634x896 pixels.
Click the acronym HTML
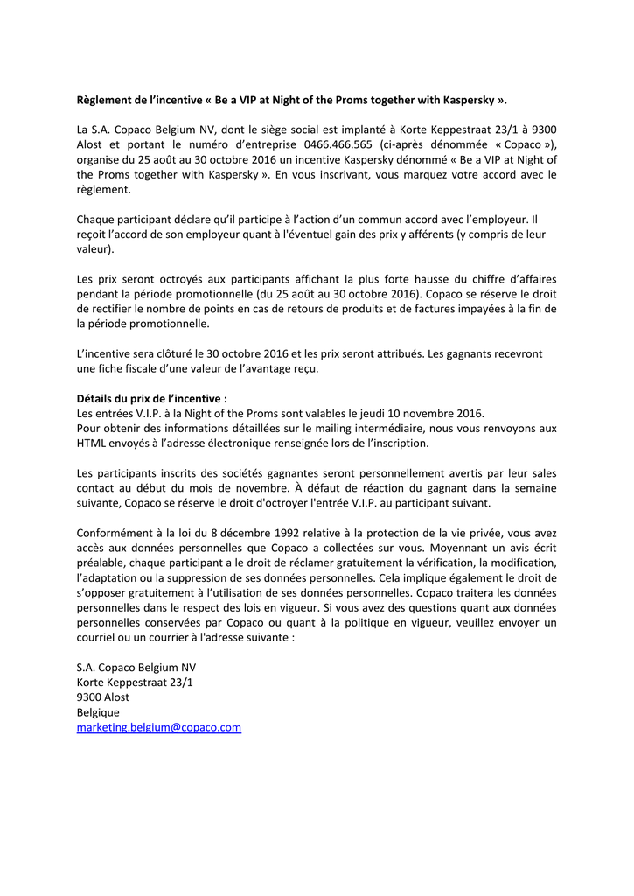coord(92,443)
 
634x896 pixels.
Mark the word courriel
coord(100,637)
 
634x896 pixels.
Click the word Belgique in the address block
coord(98,712)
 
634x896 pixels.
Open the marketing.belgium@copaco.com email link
coord(158,727)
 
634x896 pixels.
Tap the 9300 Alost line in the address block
coord(103,697)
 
